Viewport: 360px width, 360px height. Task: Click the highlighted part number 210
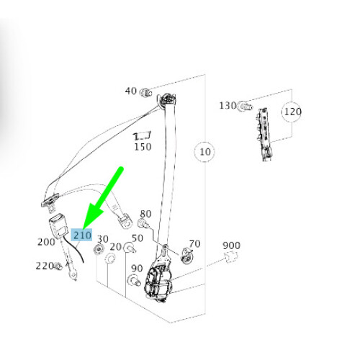tap(82, 235)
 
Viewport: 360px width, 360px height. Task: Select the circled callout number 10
tap(205, 152)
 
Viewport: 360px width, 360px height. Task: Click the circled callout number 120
tap(292, 112)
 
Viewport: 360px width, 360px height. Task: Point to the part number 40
tap(131, 91)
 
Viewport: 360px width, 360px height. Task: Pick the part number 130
tap(228, 106)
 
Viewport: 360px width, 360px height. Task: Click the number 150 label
tap(143, 147)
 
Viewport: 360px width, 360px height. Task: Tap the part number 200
tap(45, 242)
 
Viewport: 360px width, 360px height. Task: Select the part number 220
tap(44, 266)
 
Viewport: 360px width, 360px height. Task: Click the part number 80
tap(145, 214)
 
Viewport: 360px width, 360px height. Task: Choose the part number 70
tap(194, 244)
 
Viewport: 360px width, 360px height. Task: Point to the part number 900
tap(231, 246)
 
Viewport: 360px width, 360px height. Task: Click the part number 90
tap(137, 269)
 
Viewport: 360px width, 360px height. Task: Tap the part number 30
tap(102, 239)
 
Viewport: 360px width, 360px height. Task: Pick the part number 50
tap(137, 238)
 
